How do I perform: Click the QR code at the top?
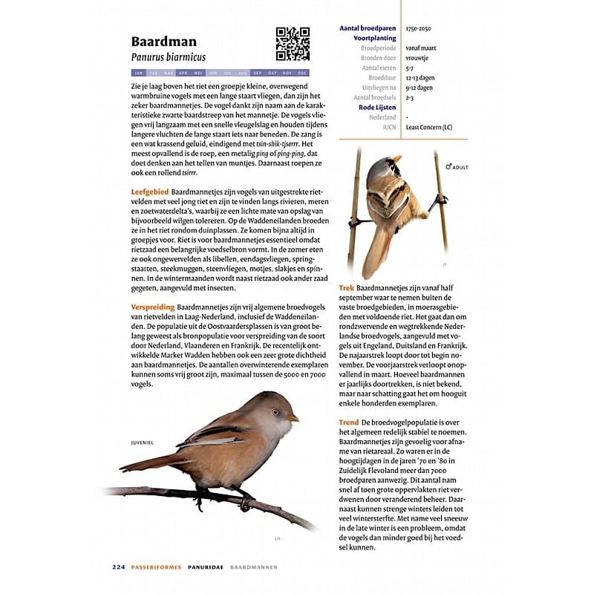pyautogui.click(x=292, y=44)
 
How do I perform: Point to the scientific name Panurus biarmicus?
pyautogui.click(x=168, y=57)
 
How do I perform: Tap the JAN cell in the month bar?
pyautogui.click(x=138, y=73)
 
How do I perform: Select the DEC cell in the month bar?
pyautogui.click(x=302, y=73)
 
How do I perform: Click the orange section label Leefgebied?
pyautogui.click(x=149, y=192)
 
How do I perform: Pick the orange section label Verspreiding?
pyautogui.click(x=152, y=307)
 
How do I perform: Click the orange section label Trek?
pyautogui.click(x=347, y=287)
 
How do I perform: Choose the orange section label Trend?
pyautogui.click(x=349, y=422)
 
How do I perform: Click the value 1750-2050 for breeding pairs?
pyautogui.click(x=419, y=28)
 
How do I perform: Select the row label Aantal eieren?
pyautogui.click(x=379, y=68)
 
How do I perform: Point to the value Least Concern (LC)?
pyautogui.click(x=429, y=127)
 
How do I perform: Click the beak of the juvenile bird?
pyautogui.click(x=294, y=418)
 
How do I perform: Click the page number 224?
pyautogui.click(x=119, y=567)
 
